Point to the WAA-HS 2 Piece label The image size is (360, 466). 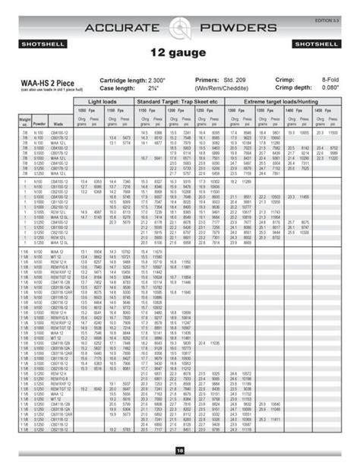(x=45, y=80)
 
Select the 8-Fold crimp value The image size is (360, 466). (x=331, y=79)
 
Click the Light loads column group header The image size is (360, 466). (x=104, y=101)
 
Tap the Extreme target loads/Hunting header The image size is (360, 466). (x=286, y=101)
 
